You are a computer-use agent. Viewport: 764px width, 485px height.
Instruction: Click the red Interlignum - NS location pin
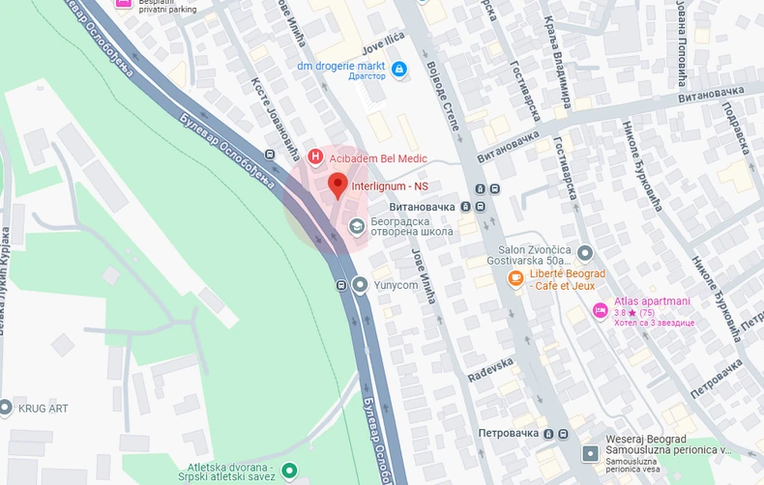[337, 184]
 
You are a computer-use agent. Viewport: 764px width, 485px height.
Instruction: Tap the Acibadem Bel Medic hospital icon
[314, 157]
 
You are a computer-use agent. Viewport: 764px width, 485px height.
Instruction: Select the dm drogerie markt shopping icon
[398, 69]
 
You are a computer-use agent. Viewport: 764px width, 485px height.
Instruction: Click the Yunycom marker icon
[361, 285]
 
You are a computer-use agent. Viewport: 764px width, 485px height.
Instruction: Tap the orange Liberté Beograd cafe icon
[516, 279]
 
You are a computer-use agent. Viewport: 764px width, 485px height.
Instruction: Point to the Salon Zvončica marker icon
[584, 254]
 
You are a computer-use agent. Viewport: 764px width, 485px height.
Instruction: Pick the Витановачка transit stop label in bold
[421, 207]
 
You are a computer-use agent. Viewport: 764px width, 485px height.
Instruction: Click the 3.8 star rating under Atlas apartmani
[620, 312]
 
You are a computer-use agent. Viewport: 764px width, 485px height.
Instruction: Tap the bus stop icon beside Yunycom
[341, 285]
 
